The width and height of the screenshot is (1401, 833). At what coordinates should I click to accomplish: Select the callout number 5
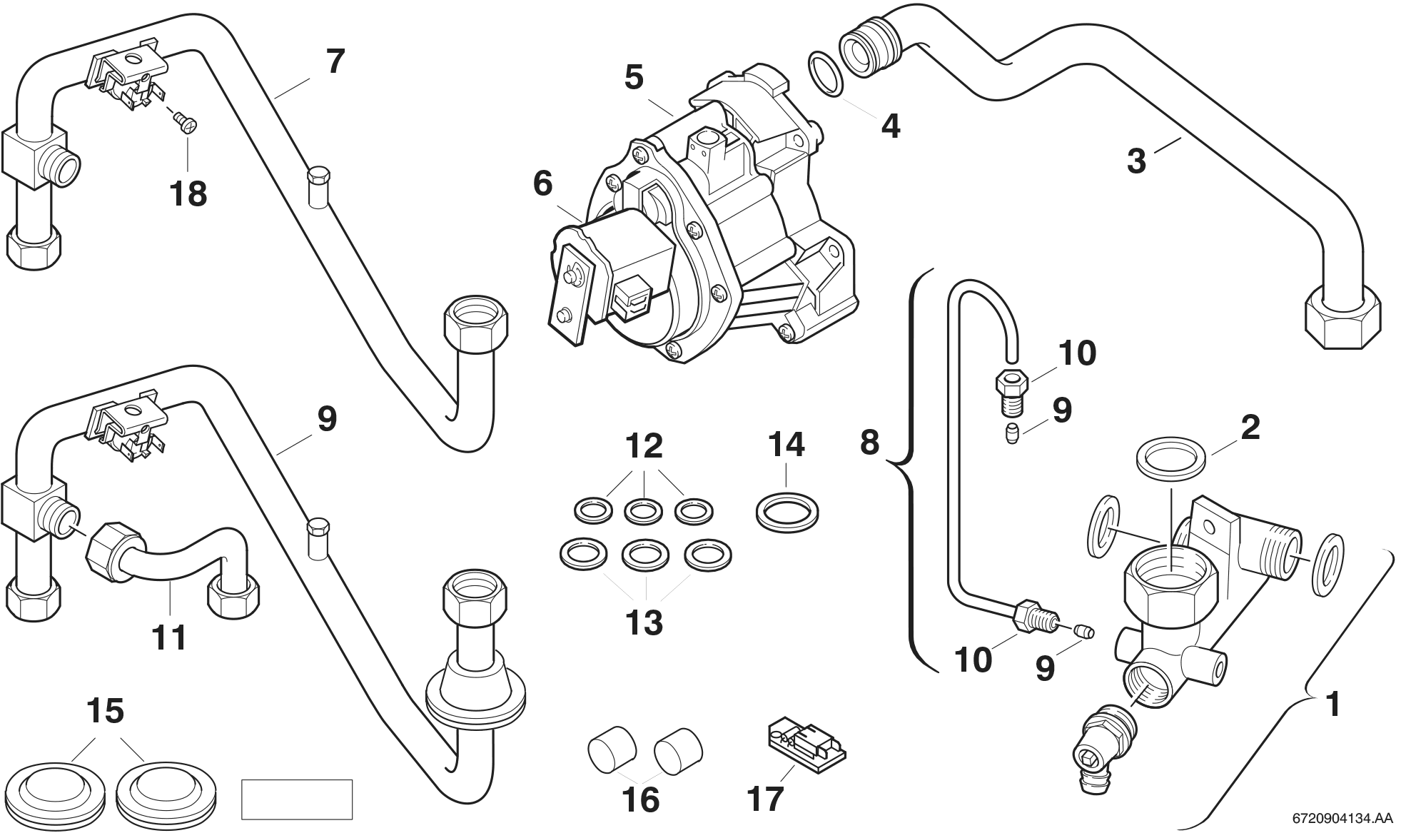(x=634, y=78)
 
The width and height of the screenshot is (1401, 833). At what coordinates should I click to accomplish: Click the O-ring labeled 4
(x=827, y=73)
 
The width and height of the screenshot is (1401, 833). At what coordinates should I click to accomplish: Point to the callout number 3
(x=1136, y=161)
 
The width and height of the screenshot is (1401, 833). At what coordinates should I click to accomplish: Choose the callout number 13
(x=644, y=622)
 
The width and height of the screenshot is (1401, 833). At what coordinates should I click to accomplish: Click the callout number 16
(x=641, y=799)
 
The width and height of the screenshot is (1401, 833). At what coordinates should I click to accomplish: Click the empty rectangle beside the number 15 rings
(x=297, y=799)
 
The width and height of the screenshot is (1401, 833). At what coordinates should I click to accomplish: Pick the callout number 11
(x=170, y=637)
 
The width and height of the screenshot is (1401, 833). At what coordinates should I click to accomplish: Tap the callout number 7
(x=335, y=61)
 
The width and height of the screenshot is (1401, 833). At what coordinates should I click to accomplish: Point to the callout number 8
(x=869, y=443)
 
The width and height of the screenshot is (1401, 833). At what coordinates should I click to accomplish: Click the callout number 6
(x=542, y=184)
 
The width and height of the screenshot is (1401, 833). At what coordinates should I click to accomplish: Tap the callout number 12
(x=644, y=446)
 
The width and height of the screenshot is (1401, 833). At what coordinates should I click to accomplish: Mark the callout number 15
(x=105, y=711)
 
